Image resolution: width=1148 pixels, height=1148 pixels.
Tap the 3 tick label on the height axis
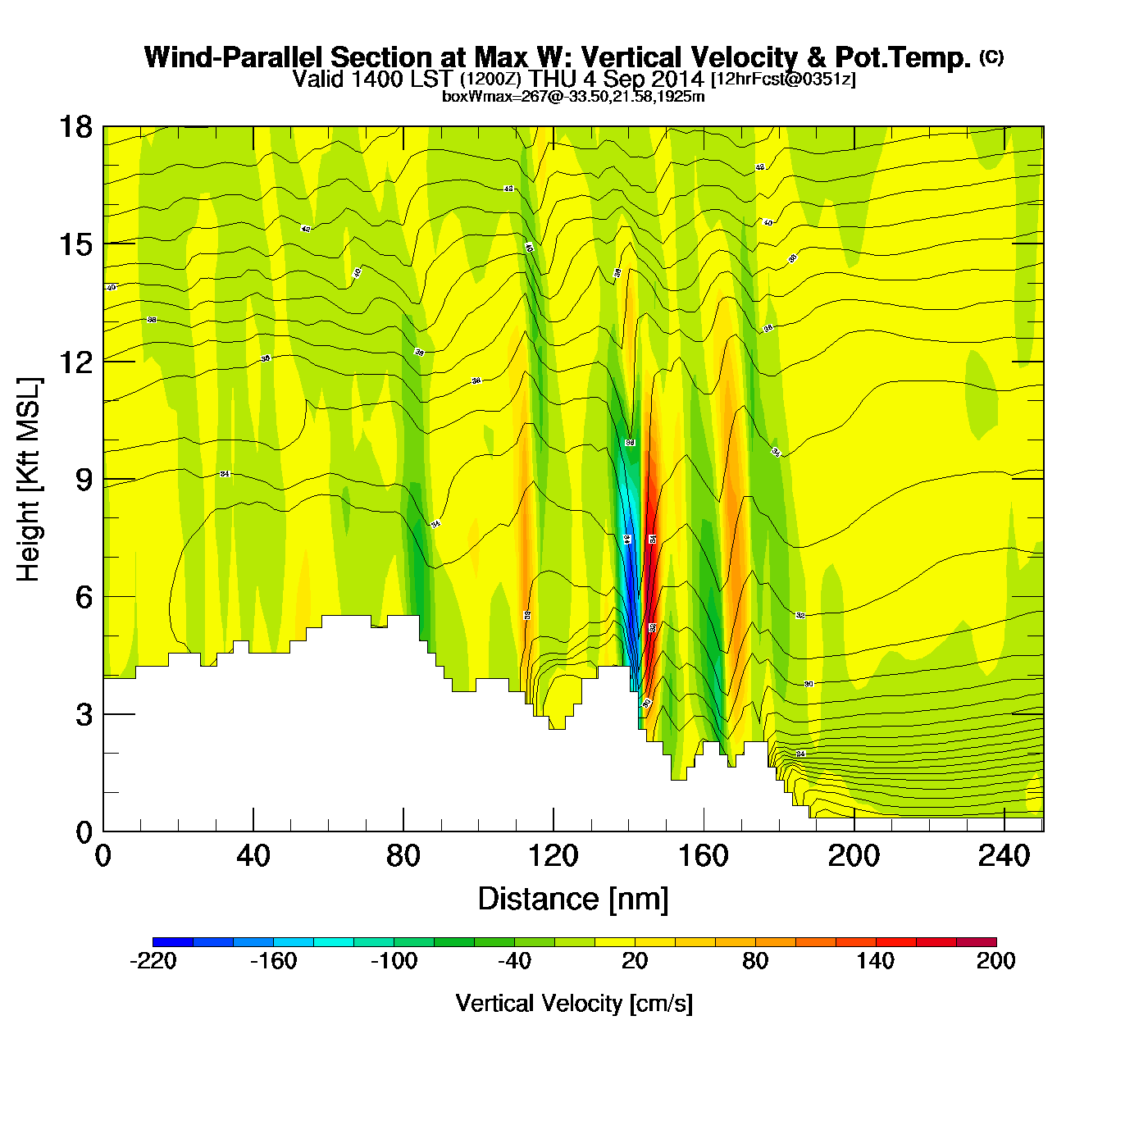click(84, 715)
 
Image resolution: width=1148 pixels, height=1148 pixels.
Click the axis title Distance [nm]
click(573, 900)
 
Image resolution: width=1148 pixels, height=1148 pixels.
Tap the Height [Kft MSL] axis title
click(29, 480)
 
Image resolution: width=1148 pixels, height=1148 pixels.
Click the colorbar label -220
click(153, 961)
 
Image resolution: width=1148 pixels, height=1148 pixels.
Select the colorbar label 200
click(995, 961)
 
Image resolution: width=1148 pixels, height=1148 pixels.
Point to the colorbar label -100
click(394, 961)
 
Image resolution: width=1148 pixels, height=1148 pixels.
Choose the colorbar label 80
click(755, 961)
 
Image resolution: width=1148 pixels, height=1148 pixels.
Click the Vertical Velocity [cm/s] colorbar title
click(574, 1004)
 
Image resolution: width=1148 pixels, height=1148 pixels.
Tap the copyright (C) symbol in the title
click(991, 57)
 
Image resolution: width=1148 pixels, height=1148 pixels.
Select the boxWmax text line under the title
click(573, 96)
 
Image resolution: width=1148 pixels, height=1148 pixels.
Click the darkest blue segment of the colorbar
click(173, 941)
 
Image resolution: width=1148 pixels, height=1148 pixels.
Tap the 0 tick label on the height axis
click(84, 832)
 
